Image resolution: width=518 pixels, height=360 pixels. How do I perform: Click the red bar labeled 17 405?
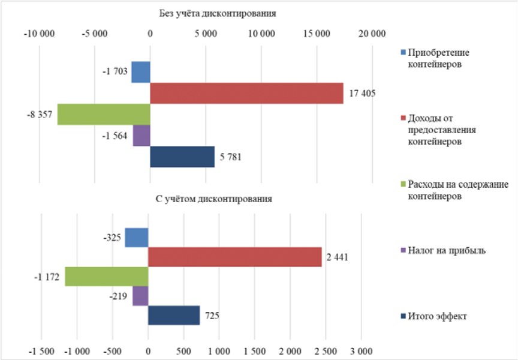point(246,94)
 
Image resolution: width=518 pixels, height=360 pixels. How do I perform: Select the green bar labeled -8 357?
point(104,114)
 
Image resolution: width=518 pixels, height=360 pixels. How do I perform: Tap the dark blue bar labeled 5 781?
point(182,157)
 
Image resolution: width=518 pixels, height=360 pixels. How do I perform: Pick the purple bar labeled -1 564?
point(141,136)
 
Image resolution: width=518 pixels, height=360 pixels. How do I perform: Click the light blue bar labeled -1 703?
point(141,72)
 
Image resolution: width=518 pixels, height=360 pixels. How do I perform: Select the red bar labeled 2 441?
point(235,257)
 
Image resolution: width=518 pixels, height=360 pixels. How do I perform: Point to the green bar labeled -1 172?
point(107,277)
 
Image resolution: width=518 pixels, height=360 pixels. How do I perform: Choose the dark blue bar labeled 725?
point(174,316)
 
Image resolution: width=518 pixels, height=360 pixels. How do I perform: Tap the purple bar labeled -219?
point(140,296)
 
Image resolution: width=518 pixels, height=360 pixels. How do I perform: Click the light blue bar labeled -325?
point(137,238)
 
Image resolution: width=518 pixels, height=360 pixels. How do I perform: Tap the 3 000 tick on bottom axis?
point(361,350)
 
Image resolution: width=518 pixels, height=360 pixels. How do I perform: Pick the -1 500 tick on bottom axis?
point(41,350)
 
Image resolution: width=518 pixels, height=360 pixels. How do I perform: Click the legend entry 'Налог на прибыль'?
point(446,251)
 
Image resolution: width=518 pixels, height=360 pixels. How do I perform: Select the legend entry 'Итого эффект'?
point(439,316)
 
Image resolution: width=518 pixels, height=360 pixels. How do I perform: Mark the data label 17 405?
point(361,94)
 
